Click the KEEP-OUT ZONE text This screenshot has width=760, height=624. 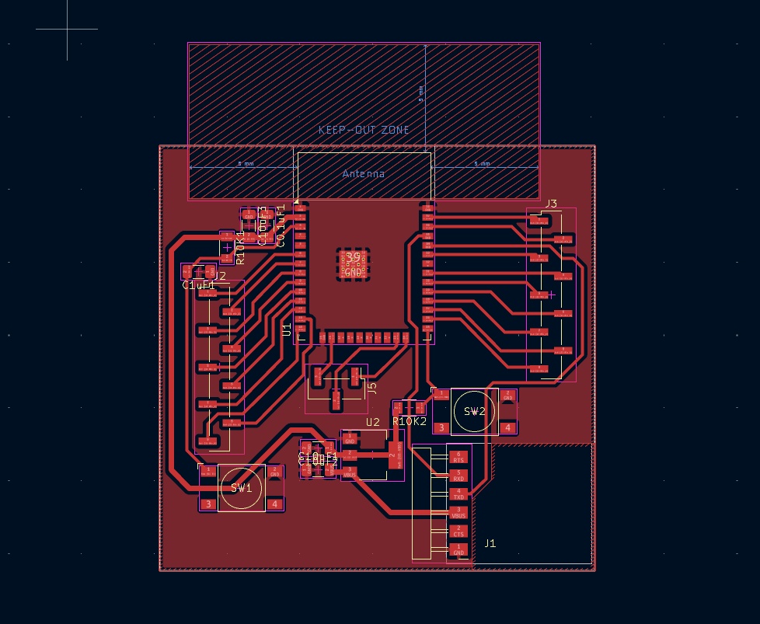364,130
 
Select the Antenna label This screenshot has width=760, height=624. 364,173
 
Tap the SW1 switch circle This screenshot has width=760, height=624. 242,488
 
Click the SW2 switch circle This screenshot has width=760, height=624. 474,412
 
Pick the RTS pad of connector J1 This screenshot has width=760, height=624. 458,457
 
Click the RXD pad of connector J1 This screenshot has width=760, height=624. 458,476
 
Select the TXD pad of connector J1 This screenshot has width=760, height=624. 458,493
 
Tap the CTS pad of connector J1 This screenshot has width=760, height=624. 458,532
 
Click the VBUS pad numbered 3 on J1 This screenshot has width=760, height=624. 458,513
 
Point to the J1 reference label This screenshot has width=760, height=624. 490,543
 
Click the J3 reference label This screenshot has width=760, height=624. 550,204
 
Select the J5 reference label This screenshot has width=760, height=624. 371,387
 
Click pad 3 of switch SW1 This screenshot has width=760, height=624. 208,504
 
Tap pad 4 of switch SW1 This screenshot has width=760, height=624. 275,504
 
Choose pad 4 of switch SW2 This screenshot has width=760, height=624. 507,427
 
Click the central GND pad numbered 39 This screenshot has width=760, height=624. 353,264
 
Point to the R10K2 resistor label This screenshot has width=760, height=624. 410,421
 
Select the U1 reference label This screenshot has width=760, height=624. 287,329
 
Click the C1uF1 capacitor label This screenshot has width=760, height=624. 198,285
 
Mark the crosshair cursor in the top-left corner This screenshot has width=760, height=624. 67,29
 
